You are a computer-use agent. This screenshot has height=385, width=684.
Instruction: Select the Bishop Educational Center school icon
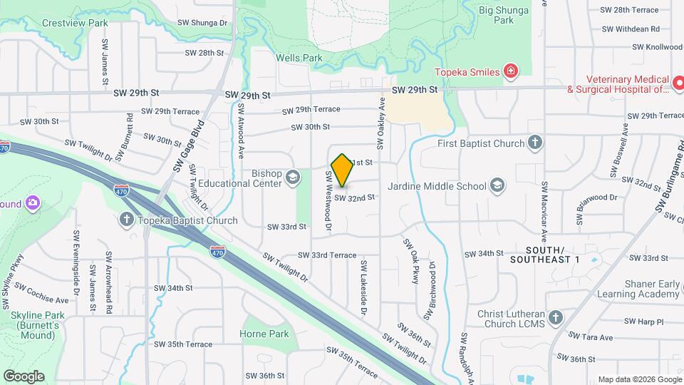pyautogui.click(x=292, y=177)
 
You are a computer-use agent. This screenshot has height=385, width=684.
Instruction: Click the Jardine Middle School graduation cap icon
pyautogui.click(x=497, y=187)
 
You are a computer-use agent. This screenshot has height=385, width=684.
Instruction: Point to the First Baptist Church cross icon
pyautogui.click(x=535, y=143)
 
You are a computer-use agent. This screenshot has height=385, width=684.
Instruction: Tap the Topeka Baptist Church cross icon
pyautogui.click(x=127, y=220)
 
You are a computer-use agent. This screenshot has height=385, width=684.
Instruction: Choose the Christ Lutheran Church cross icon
pyautogui.click(x=556, y=317)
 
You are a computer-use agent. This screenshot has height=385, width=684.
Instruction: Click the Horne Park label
pyautogui.click(x=264, y=334)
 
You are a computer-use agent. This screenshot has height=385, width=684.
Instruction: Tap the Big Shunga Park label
pyautogui.click(x=506, y=15)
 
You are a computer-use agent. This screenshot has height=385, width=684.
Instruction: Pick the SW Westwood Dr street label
pyautogui.click(x=329, y=202)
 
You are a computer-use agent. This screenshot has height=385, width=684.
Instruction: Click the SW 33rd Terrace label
pyautogui.click(x=327, y=255)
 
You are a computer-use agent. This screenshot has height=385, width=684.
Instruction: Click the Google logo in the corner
pyautogui.click(x=24, y=376)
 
